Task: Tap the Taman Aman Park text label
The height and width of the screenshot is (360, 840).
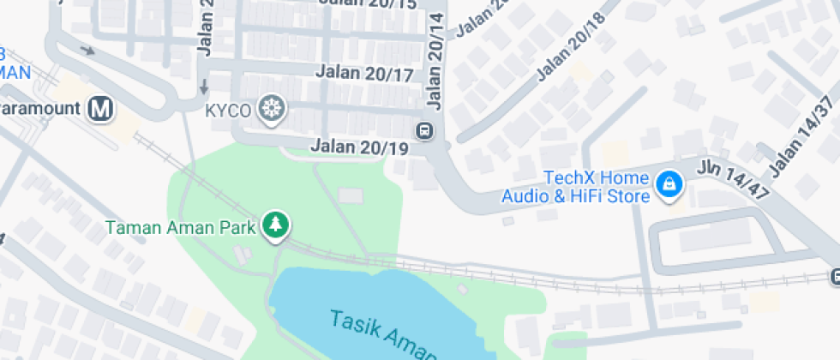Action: (180, 228)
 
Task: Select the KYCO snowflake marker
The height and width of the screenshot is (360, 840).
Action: (272, 110)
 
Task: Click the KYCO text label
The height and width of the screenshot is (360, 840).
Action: (228, 110)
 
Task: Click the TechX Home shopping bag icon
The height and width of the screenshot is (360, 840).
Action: (667, 183)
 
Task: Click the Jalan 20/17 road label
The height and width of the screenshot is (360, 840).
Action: (364, 74)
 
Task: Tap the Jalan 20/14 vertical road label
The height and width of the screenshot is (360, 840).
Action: (435, 62)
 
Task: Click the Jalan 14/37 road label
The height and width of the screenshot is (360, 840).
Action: (802, 137)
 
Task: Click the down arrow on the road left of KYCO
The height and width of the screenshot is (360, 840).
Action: (203, 87)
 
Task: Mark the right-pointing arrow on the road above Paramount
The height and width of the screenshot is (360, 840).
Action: (87, 50)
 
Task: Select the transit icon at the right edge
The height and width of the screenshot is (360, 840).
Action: (835, 276)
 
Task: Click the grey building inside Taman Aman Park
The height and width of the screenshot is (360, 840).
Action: (351, 195)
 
